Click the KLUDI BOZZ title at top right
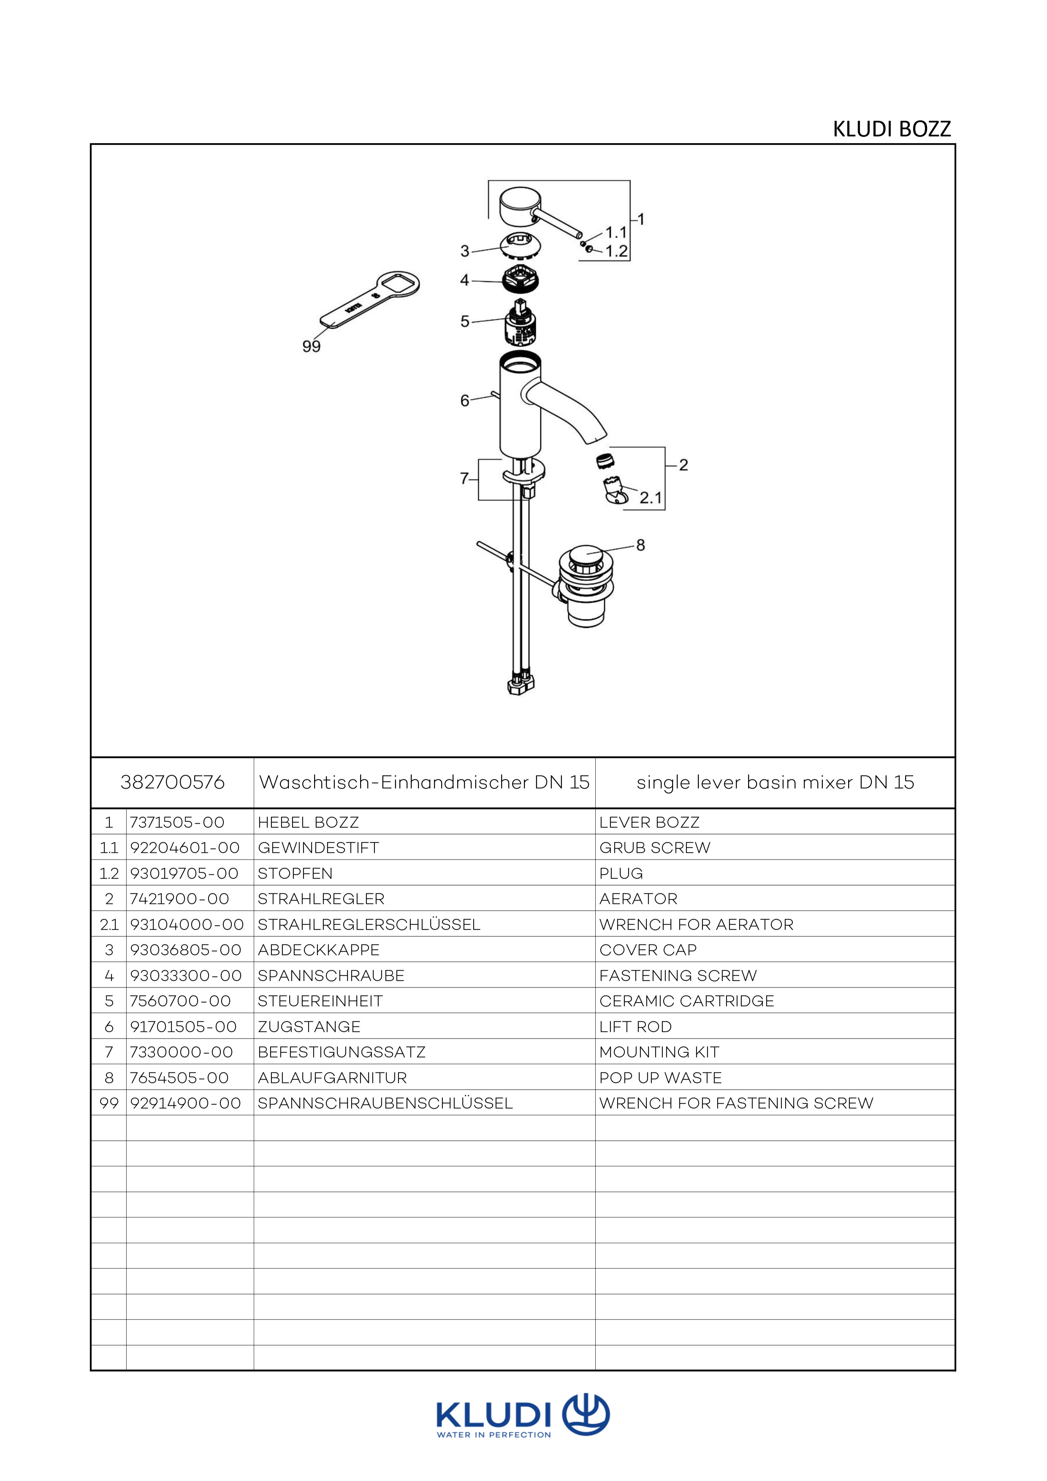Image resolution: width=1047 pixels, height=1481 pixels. (892, 129)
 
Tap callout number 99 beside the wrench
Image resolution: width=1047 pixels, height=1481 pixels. (312, 346)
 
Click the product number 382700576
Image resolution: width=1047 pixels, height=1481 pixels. (172, 782)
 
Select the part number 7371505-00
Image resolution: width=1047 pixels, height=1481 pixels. (177, 822)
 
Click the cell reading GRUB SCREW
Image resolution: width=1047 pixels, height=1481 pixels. (655, 848)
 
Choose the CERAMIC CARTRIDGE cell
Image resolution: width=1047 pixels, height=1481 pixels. (686, 1001)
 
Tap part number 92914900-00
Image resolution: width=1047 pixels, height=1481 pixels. (186, 1103)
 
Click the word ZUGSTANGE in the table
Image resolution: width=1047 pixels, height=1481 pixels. (309, 1026)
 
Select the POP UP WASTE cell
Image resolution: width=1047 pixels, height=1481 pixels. (661, 1078)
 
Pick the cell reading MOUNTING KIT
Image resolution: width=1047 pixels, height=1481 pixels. (659, 1052)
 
